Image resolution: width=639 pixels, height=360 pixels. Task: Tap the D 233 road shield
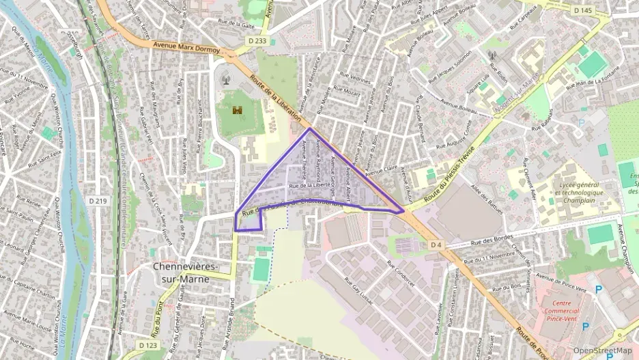257,41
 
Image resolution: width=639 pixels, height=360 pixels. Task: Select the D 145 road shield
583,10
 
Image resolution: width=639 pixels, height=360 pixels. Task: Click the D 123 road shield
149,346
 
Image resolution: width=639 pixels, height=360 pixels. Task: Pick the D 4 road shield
436,245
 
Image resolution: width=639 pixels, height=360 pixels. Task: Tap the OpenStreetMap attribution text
602,351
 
